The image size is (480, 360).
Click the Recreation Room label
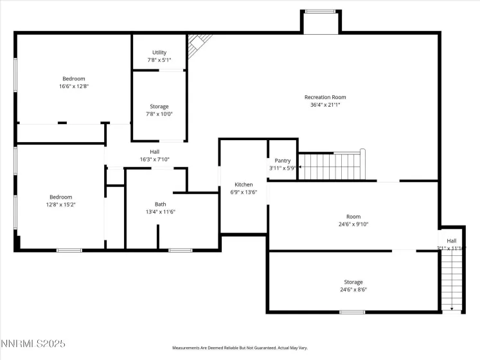click(330, 97)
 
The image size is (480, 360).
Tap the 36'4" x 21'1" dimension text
click(330, 105)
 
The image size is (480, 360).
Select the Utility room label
click(159, 53)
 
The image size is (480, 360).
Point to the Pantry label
click(283, 161)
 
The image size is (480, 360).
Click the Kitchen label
click(244, 184)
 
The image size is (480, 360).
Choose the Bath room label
click(160, 204)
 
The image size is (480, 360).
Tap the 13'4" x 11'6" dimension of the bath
click(160, 212)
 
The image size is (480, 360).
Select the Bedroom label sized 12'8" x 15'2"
click(61, 197)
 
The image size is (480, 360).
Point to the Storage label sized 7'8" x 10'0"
click(159, 106)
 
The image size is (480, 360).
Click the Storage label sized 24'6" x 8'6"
click(353, 282)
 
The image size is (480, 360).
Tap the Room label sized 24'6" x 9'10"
click(353, 217)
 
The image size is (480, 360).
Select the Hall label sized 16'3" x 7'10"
click(154, 152)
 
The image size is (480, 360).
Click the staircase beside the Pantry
click(332, 165)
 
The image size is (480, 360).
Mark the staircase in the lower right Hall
click(453, 280)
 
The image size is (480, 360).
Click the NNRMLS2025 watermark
click(33, 345)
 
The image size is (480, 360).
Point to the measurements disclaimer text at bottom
click(240, 348)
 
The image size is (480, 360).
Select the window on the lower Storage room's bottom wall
click(352, 312)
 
